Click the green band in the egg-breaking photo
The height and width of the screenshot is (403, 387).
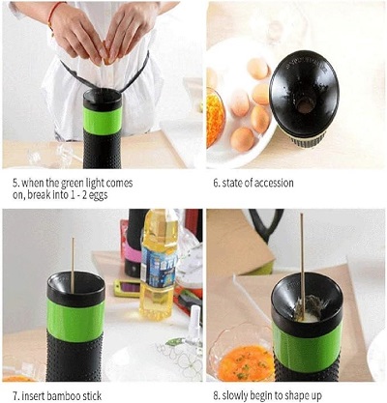103,119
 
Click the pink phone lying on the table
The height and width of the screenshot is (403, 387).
127,287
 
